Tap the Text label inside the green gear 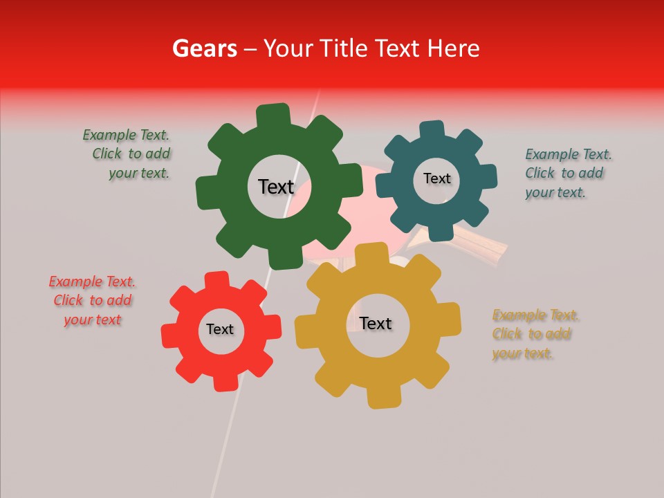coord(276,187)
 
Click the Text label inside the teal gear coord(436,178)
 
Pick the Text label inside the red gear coord(220,329)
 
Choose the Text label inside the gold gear coord(376,323)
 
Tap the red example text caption coord(93,301)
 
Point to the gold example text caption coord(535,334)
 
